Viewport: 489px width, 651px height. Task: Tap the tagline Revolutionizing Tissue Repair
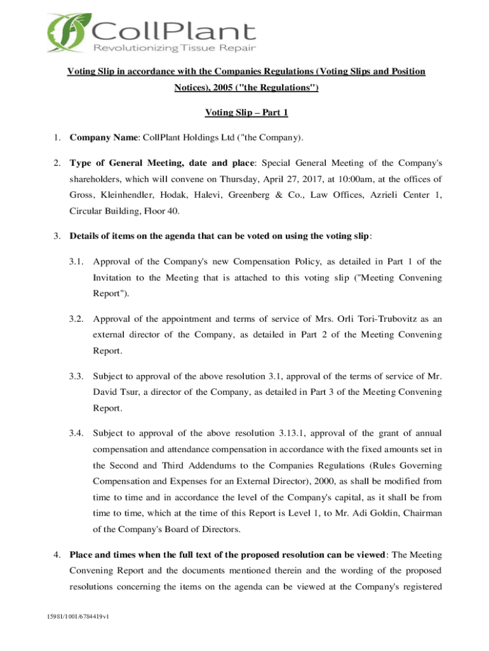173,50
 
